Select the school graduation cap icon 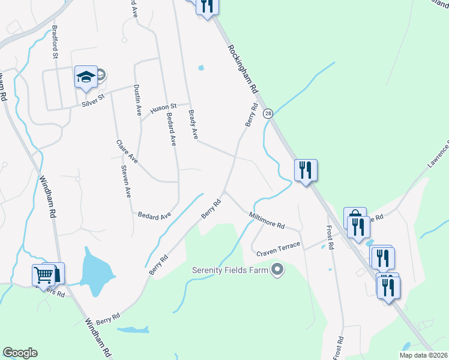tap(85, 77)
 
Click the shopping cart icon tap(43, 275)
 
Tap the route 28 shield tap(268, 113)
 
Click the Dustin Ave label tap(137, 100)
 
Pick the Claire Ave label tap(127, 151)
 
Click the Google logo tap(20, 353)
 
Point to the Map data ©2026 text tap(423, 355)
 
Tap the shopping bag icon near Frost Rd tap(354, 217)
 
